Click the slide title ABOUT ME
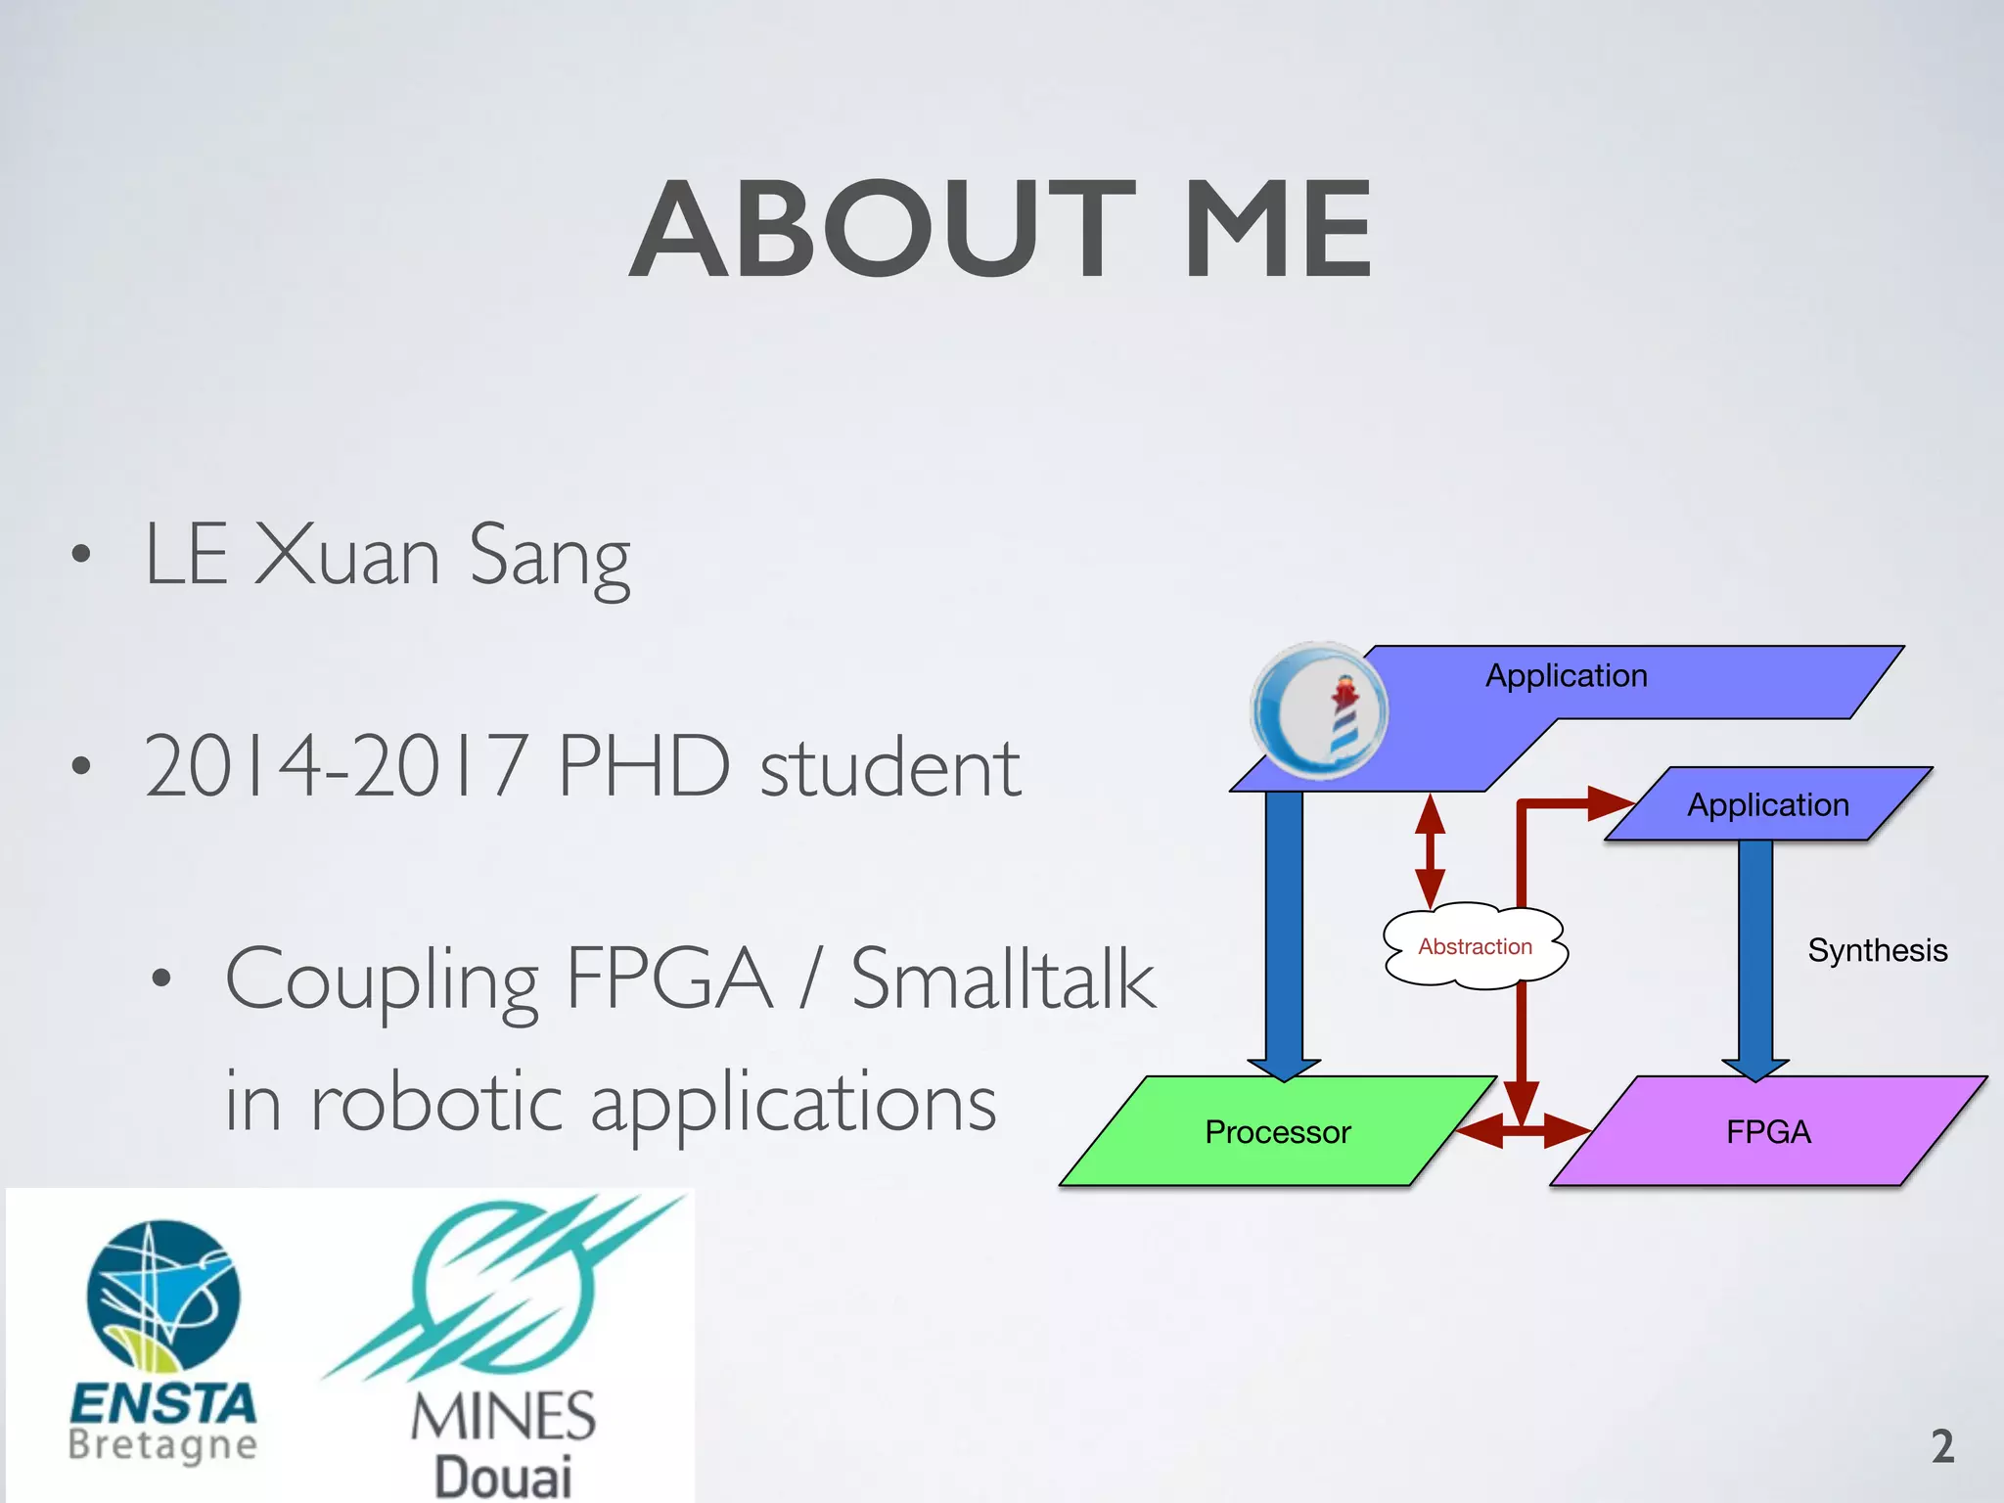(x=1000, y=230)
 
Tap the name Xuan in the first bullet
(x=346, y=556)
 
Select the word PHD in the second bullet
(x=644, y=766)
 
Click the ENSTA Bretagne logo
(x=163, y=1341)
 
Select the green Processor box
(x=1277, y=1131)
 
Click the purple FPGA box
(x=1767, y=1131)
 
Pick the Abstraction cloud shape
(x=1475, y=946)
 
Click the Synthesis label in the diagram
(x=1877, y=950)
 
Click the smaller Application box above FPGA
(x=1767, y=804)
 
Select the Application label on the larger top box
(x=1567, y=676)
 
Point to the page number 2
(x=1942, y=1446)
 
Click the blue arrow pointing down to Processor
(x=1284, y=930)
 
